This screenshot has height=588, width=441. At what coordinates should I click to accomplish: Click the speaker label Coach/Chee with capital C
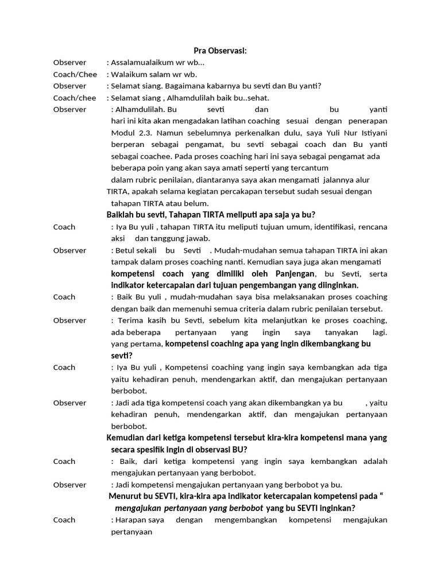[75, 74]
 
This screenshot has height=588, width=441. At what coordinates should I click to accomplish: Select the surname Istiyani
[372, 133]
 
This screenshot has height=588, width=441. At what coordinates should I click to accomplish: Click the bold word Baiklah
[121, 215]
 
